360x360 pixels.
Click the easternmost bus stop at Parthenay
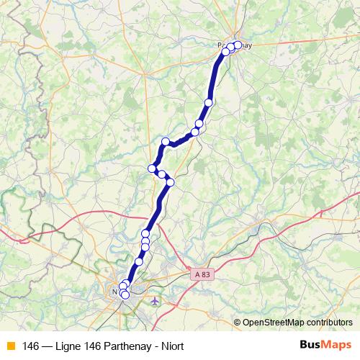238,45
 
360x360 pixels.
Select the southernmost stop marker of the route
125,294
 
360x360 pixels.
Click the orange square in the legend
10,345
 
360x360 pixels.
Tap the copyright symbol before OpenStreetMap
237,322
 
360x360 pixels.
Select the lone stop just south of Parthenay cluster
209,102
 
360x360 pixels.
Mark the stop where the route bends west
166,141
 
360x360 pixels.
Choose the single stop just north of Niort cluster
139,261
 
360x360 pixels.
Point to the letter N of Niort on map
115,292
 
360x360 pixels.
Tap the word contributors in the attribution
328,322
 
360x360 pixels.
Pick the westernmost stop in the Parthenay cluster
225,51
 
